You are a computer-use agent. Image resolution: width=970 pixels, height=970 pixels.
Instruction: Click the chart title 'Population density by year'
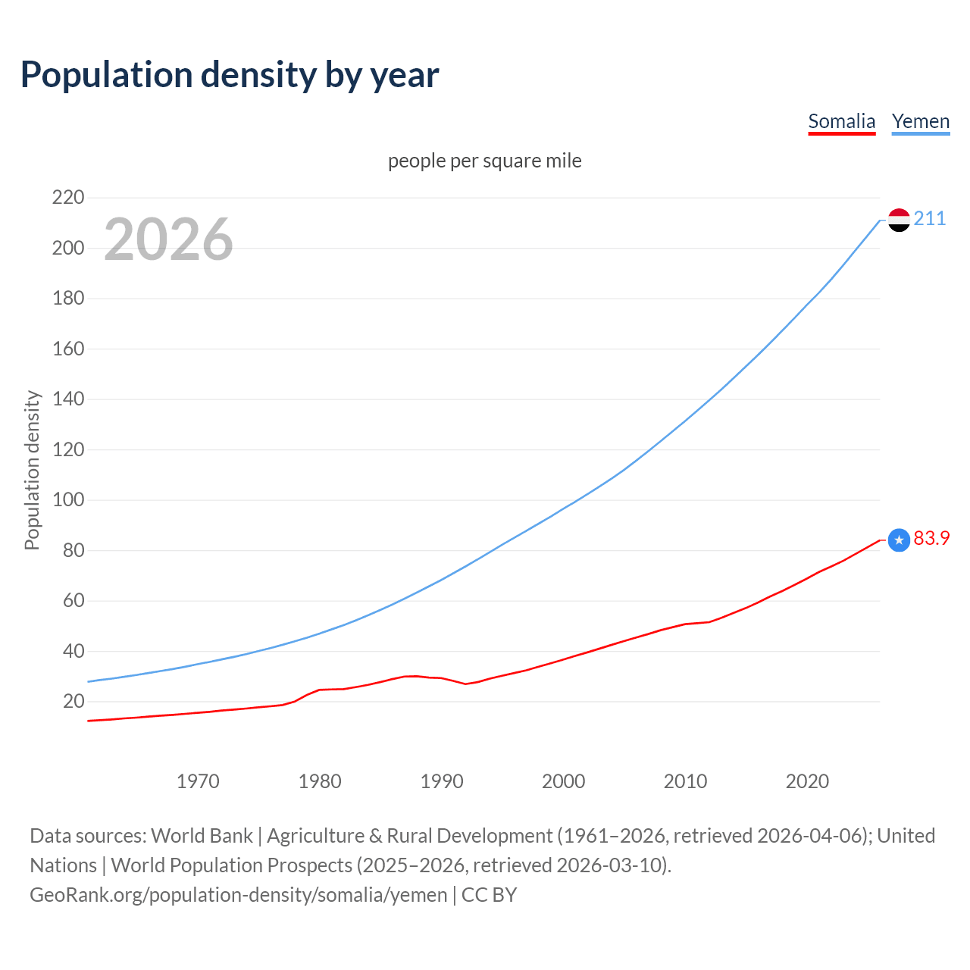(x=230, y=75)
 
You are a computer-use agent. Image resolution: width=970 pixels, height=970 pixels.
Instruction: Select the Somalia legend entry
(x=841, y=121)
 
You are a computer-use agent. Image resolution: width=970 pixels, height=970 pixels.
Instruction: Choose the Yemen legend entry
(x=920, y=121)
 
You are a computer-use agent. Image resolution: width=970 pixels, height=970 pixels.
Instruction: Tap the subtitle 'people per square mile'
(x=484, y=161)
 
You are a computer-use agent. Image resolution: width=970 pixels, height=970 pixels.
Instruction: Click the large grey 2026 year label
(x=168, y=239)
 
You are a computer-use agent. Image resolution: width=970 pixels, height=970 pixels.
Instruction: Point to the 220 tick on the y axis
(x=68, y=198)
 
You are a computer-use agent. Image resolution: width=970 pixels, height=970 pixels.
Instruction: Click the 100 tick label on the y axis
(x=68, y=500)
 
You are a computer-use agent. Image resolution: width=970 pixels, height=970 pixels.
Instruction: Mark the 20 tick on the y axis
(x=74, y=702)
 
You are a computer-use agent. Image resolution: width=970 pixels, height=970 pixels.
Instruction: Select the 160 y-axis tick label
(x=68, y=349)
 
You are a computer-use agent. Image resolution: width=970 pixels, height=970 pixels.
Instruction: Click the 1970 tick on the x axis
(x=198, y=781)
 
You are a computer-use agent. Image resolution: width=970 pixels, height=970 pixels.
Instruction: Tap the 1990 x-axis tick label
(x=442, y=781)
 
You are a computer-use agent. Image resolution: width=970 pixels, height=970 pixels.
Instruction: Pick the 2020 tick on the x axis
(x=807, y=781)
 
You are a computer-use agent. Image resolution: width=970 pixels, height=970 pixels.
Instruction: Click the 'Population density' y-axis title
(x=32, y=470)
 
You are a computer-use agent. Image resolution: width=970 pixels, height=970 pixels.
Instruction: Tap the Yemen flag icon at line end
(x=899, y=220)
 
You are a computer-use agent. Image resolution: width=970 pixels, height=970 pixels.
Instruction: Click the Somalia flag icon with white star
(x=899, y=540)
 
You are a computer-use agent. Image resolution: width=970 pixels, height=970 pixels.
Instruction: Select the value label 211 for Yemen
(x=930, y=219)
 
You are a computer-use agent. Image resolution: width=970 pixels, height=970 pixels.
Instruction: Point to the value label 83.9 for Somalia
(x=931, y=538)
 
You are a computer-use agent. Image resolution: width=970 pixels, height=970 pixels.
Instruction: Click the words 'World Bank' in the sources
(x=202, y=836)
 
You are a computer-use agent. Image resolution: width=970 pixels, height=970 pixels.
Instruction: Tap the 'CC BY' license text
(x=489, y=895)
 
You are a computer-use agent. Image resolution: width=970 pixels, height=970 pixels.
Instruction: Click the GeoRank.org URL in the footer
(x=239, y=895)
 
